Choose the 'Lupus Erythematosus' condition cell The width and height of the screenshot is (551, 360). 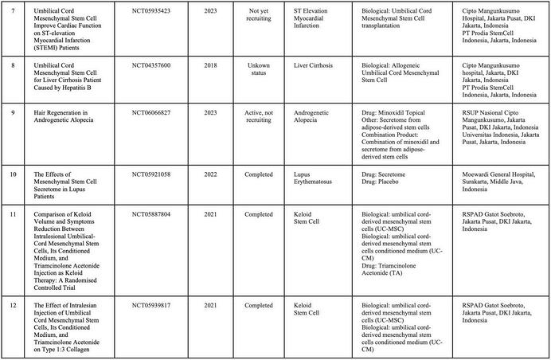[315, 175]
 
